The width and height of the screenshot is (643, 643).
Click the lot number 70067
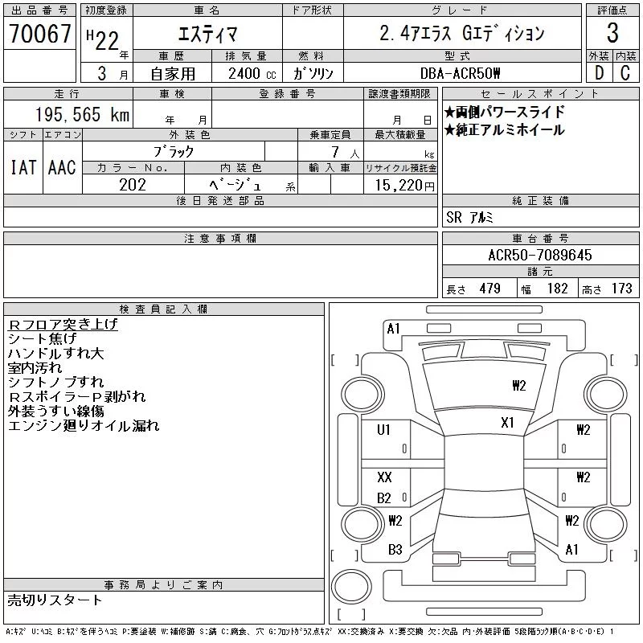click(x=39, y=33)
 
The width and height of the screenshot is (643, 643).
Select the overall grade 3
click(x=612, y=33)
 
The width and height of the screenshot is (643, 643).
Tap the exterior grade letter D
click(x=599, y=73)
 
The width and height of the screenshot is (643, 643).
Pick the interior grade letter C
click(x=625, y=73)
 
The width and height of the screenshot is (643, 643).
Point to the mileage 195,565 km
click(x=82, y=114)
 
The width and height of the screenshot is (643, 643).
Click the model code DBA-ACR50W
click(x=460, y=73)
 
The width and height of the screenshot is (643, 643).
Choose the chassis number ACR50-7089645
click(x=540, y=255)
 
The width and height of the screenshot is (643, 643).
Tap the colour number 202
click(x=133, y=185)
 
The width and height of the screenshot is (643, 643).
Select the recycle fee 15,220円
click(x=404, y=185)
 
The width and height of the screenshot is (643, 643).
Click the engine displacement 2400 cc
click(x=252, y=74)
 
